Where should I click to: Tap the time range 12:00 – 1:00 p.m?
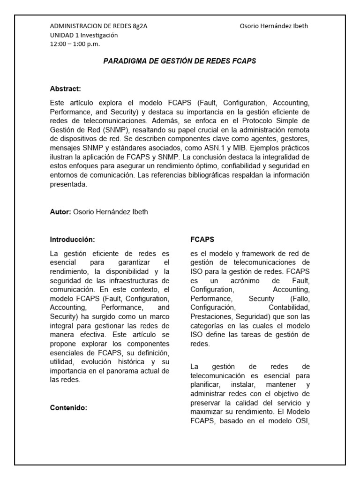(75, 44)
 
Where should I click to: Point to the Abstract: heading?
(66, 88)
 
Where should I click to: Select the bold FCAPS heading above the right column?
(202, 239)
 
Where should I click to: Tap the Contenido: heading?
(69, 408)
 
